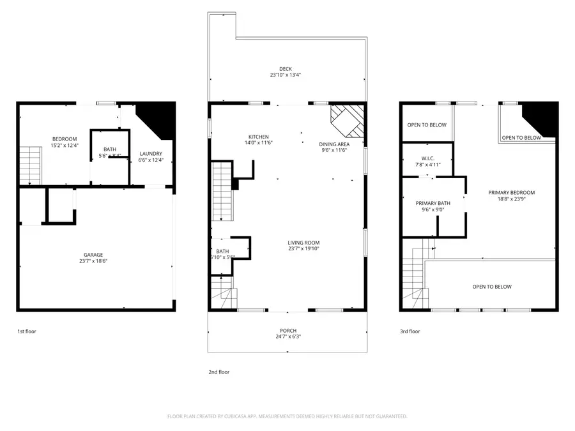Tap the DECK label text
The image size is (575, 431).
pos(285,69)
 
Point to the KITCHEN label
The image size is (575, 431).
pos(259,137)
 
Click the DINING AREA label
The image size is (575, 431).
pos(334,144)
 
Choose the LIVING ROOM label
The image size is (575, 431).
pos(303,243)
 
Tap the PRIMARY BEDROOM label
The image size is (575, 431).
pos(511,192)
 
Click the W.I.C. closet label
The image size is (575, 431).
pos(427,158)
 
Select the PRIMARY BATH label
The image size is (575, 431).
pos(433,203)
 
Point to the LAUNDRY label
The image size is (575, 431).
pos(151,153)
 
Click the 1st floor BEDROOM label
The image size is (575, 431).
pos(65,139)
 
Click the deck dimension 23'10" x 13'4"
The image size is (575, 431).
pos(285,75)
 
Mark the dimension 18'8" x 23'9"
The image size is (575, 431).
pos(511,199)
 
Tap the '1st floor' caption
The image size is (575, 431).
pos(26,331)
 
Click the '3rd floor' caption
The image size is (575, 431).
pos(410,331)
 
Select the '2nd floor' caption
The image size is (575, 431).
pos(218,372)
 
